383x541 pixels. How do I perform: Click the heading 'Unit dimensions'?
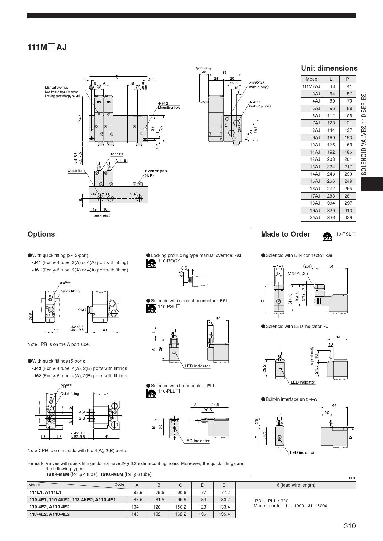[329, 68]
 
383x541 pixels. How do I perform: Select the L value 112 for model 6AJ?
[331, 116]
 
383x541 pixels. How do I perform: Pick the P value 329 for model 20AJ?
[348, 218]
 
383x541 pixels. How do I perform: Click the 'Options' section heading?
[41, 234]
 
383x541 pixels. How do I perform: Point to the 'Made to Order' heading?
[285, 234]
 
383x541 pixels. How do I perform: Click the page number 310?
[350, 526]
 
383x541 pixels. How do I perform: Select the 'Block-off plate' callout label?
[156, 171]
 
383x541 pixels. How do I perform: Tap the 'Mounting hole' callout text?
[169, 107]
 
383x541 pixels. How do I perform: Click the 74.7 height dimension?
[80, 119]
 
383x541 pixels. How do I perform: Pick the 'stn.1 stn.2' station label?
[103, 216]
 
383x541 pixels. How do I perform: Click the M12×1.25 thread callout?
[298, 273]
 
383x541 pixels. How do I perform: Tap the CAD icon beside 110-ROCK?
[151, 263]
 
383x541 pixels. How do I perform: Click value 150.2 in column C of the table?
[180, 507]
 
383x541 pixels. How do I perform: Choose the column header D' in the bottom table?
[225, 485]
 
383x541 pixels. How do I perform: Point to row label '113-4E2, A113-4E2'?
[49, 514]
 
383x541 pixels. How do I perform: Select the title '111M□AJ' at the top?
[47, 47]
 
